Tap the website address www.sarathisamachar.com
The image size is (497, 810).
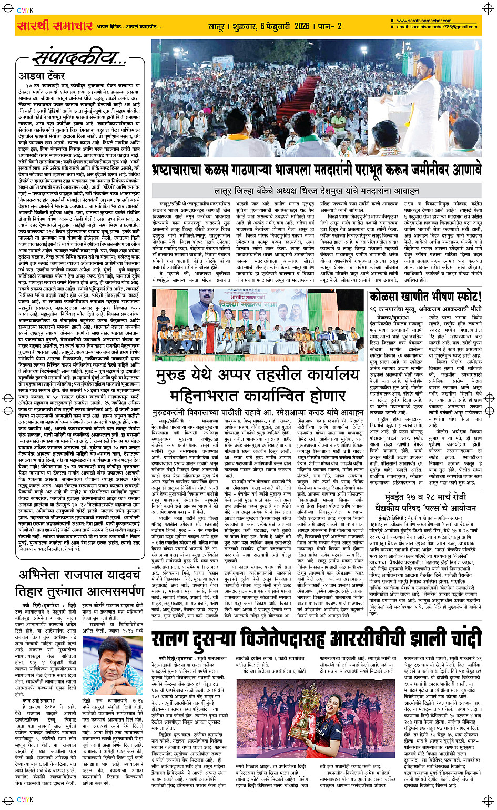[x=423, y=21]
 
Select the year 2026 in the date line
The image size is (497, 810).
[x=302, y=26]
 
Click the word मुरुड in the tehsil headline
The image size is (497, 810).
[x=174, y=376]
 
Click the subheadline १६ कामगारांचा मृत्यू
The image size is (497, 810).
[x=399, y=309]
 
